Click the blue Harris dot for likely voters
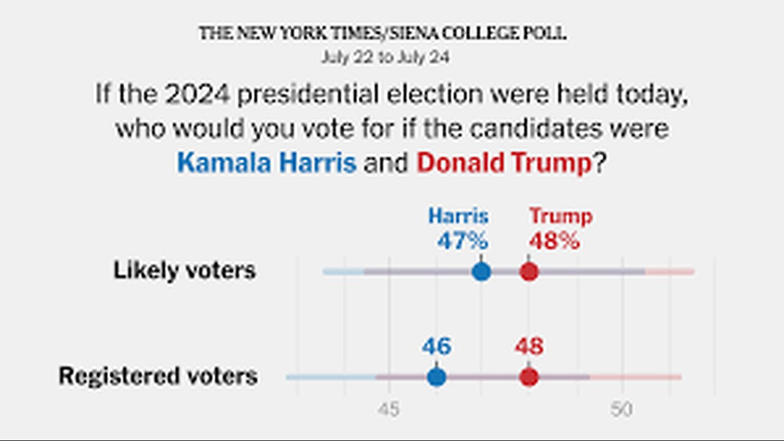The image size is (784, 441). point(481,271)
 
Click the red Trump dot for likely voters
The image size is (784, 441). point(529,271)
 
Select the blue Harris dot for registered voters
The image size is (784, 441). point(436,377)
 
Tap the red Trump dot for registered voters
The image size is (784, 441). point(529,377)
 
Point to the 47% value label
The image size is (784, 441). point(462,241)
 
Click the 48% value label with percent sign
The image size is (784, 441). point(554,241)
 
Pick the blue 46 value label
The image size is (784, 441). point(436,347)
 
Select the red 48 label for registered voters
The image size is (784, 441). point(529,347)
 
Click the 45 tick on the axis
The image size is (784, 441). point(388,410)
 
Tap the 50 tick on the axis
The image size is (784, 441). point(621,410)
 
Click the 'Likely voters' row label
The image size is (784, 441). point(184,270)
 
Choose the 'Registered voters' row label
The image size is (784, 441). point(158,376)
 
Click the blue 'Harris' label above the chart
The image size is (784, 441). point(458,216)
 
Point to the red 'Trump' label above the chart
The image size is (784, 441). point(560,216)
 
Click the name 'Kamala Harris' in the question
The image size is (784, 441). point(267,163)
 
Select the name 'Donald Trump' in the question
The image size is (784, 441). point(504,163)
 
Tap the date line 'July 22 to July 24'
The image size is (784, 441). point(385,58)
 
